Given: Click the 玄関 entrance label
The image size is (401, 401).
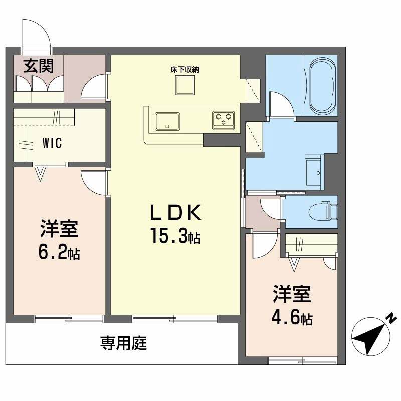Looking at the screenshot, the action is point(39,66).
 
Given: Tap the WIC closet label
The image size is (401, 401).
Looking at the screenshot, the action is point(52,143).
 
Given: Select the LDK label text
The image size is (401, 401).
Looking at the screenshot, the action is point(175,213).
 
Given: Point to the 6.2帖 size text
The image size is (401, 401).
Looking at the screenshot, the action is point(59,252).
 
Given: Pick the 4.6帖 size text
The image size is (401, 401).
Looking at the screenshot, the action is point(292,317).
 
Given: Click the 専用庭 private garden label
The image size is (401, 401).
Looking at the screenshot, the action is point(123,343).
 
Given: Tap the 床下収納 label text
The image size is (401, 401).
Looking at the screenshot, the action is point(185,70).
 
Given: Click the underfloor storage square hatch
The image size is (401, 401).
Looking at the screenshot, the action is point(185,85).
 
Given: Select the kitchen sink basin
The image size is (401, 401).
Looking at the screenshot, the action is point(167,121).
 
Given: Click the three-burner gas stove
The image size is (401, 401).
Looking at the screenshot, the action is point(223,121).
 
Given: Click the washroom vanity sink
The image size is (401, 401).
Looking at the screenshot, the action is point(313,172).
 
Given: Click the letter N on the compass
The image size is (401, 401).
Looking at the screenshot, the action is point(391,318).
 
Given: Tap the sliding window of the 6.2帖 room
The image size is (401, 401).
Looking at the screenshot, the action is point(69,319).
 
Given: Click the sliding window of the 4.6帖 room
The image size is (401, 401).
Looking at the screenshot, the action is point(302,361).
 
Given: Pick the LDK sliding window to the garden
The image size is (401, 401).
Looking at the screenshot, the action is point(175,319).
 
